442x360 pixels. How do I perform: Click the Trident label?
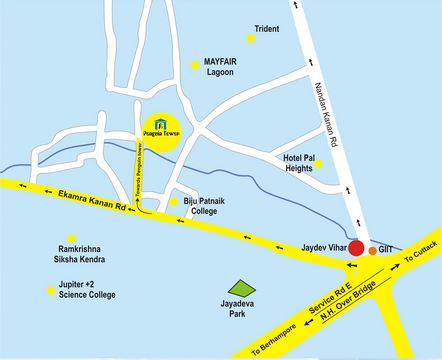pyautogui.click(x=267, y=30)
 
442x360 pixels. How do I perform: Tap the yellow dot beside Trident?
pyautogui.click(x=246, y=30)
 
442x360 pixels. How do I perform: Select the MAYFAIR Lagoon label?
pyautogui.click(x=220, y=67)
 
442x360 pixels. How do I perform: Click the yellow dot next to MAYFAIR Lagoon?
pyautogui.click(x=194, y=66)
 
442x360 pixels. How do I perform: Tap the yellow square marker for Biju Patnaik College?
pyautogui.click(x=175, y=201)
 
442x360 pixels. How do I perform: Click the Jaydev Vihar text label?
pyautogui.click(x=320, y=244)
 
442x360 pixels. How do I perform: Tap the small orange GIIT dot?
pyautogui.click(x=373, y=250)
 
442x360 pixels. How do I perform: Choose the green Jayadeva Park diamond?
pyautogui.click(x=236, y=285)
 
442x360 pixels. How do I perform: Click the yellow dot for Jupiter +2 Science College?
pyautogui.click(x=50, y=291)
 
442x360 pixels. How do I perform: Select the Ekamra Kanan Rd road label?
pyautogui.click(x=81, y=196)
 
